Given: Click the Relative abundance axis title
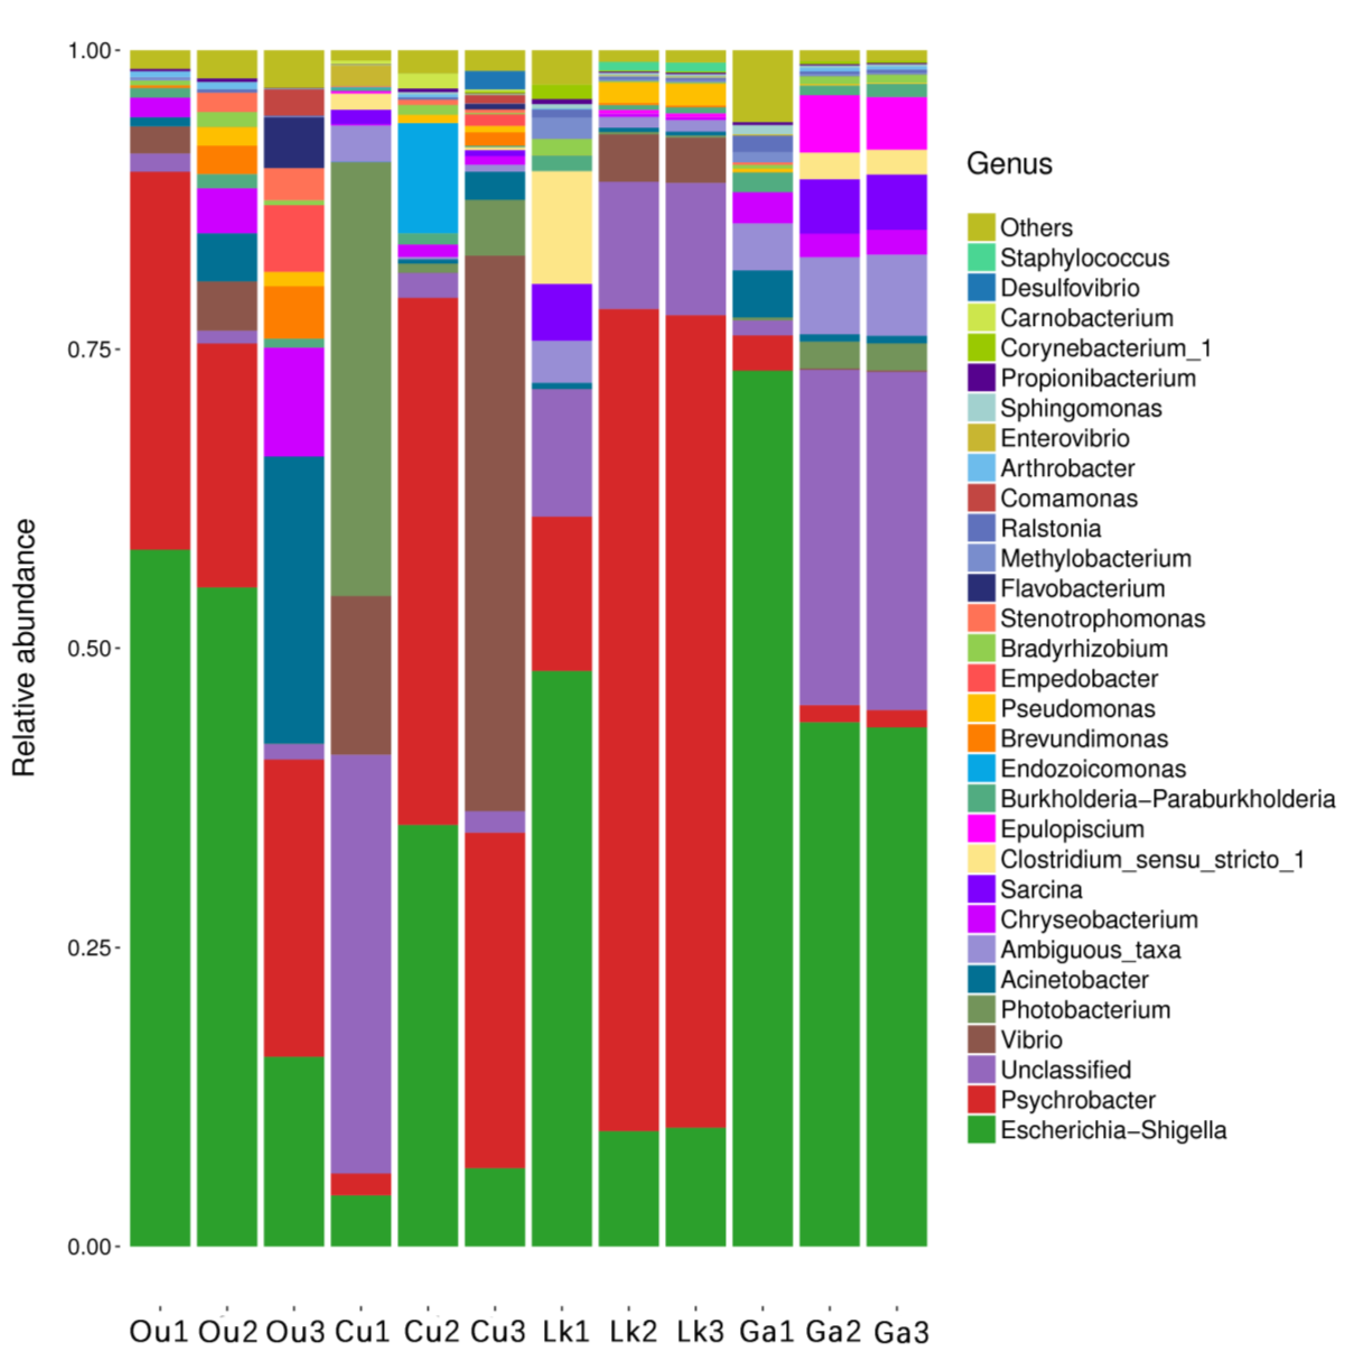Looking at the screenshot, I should (x=25, y=648).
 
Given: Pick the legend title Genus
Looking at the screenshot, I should (x=1008, y=164).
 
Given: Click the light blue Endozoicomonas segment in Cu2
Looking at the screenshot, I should (x=427, y=178).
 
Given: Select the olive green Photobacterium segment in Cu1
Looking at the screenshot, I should (x=361, y=378).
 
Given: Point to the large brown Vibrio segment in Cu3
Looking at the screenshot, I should (x=495, y=533).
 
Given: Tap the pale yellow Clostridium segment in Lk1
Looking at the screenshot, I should (x=562, y=227).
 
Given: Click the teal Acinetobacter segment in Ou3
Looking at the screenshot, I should (x=294, y=600).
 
